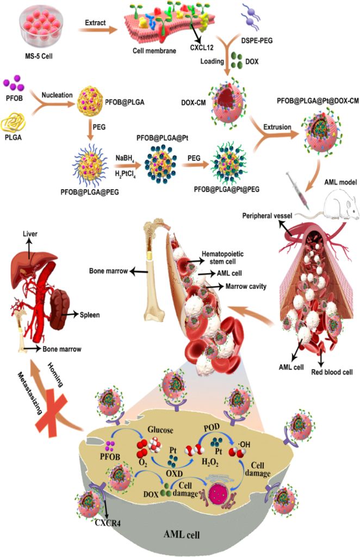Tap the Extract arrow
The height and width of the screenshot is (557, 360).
point(98,30)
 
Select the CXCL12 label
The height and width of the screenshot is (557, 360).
point(202,47)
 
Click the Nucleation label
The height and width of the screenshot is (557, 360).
point(57,95)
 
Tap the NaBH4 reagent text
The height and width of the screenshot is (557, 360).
point(125,158)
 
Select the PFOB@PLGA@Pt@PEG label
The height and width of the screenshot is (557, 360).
point(227,189)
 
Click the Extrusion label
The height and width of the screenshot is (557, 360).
point(277,127)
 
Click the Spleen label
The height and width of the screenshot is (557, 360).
point(90,315)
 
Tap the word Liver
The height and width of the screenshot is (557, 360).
point(30,234)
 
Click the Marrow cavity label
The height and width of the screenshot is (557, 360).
point(246,286)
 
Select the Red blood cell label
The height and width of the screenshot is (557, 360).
point(332,372)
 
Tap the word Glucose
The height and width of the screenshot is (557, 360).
point(160,430)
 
